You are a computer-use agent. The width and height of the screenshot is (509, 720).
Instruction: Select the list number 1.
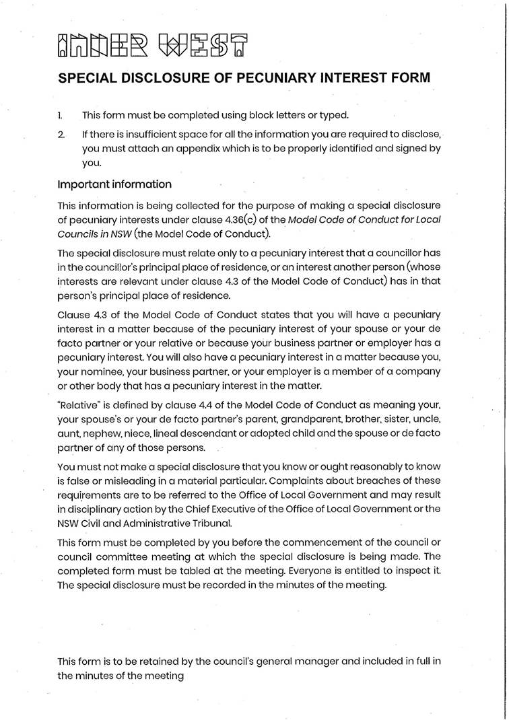pyautogui.click(x=61, y=115)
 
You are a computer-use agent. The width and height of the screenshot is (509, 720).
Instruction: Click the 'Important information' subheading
pyautogui.click(x=114, y=184)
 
